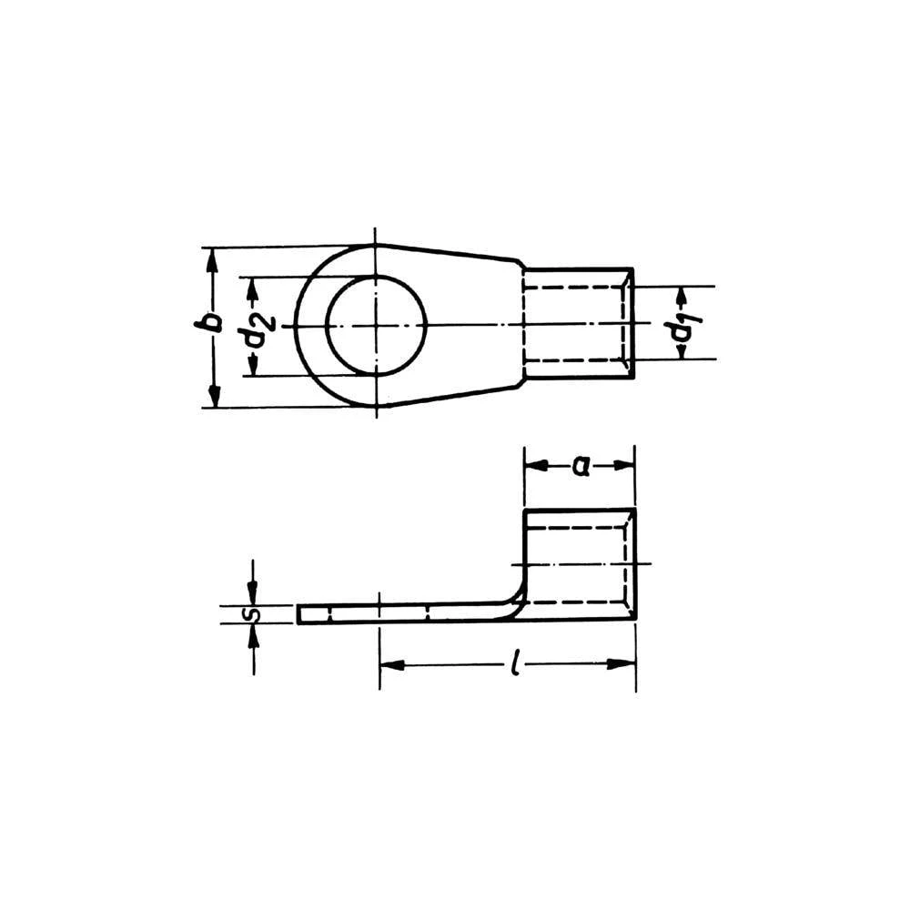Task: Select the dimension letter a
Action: (579, 466)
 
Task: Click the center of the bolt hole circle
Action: (377, 325)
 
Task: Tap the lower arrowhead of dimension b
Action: (214, 396)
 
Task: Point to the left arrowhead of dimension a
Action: (535, 465)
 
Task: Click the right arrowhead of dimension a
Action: (624, 465)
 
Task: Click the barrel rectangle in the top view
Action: (577, 325)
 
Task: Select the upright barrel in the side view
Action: (579, 564)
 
